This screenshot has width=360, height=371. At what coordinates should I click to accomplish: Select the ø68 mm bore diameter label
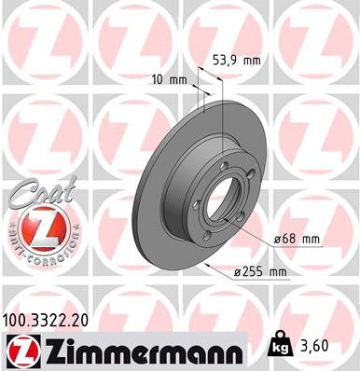tap(297, 240)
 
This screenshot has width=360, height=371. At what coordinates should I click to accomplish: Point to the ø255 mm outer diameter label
tap(258, 271)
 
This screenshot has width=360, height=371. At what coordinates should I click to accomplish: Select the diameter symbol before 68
tap(278, 240)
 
